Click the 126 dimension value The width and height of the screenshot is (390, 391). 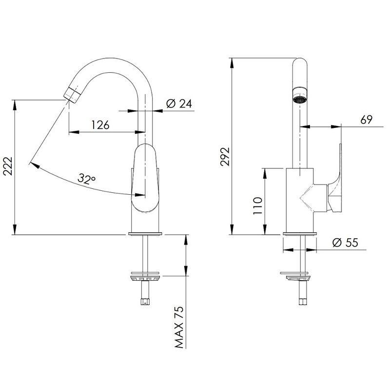pos(100,124)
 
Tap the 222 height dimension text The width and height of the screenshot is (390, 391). pos(8,166)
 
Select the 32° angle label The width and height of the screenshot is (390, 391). pos(86,179)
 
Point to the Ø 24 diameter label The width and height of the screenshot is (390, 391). pos(179,103)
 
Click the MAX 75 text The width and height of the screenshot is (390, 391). pos(179,327)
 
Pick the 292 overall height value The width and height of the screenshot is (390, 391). pos(225,156)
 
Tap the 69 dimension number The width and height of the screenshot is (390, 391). pos(366,120)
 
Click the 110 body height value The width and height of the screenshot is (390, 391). pos(258,206)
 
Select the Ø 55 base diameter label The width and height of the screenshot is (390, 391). pos(345,243)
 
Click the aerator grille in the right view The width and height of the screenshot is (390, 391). pos(300,100)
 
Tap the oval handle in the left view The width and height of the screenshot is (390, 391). pos(145,178)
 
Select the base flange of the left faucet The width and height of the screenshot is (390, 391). pos(145,234)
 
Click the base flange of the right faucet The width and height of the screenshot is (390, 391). pos(300,234)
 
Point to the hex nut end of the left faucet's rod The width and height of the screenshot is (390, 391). pos(145,302)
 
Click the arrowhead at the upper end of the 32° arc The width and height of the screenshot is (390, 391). pos(34,165)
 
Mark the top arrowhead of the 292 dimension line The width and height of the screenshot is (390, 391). pos(232,63)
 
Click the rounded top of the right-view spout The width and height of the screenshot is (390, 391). pos(300,62)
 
